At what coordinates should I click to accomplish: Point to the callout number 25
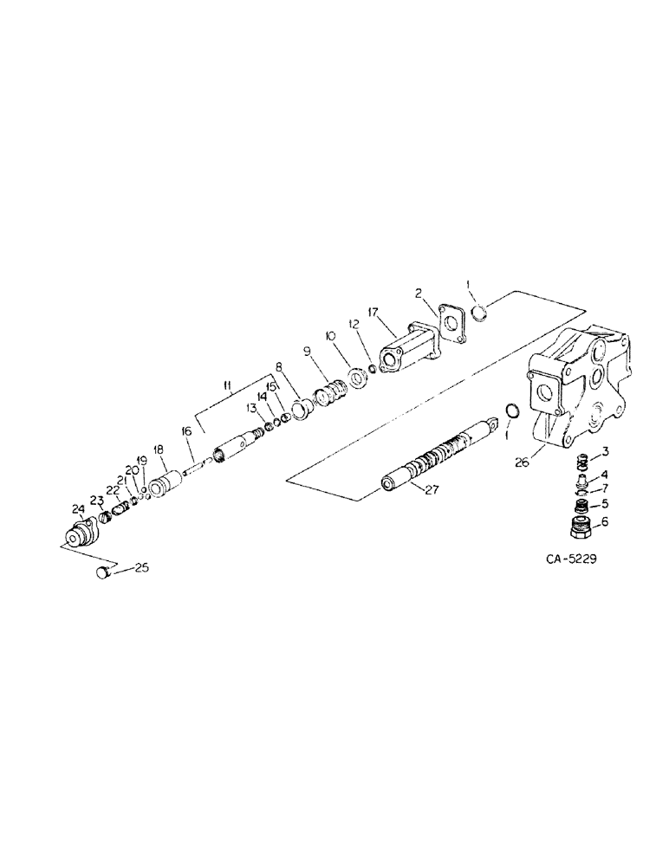142,568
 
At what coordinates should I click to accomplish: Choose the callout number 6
605,521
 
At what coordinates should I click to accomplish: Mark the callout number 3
604,451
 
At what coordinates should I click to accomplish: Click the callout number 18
159,449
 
